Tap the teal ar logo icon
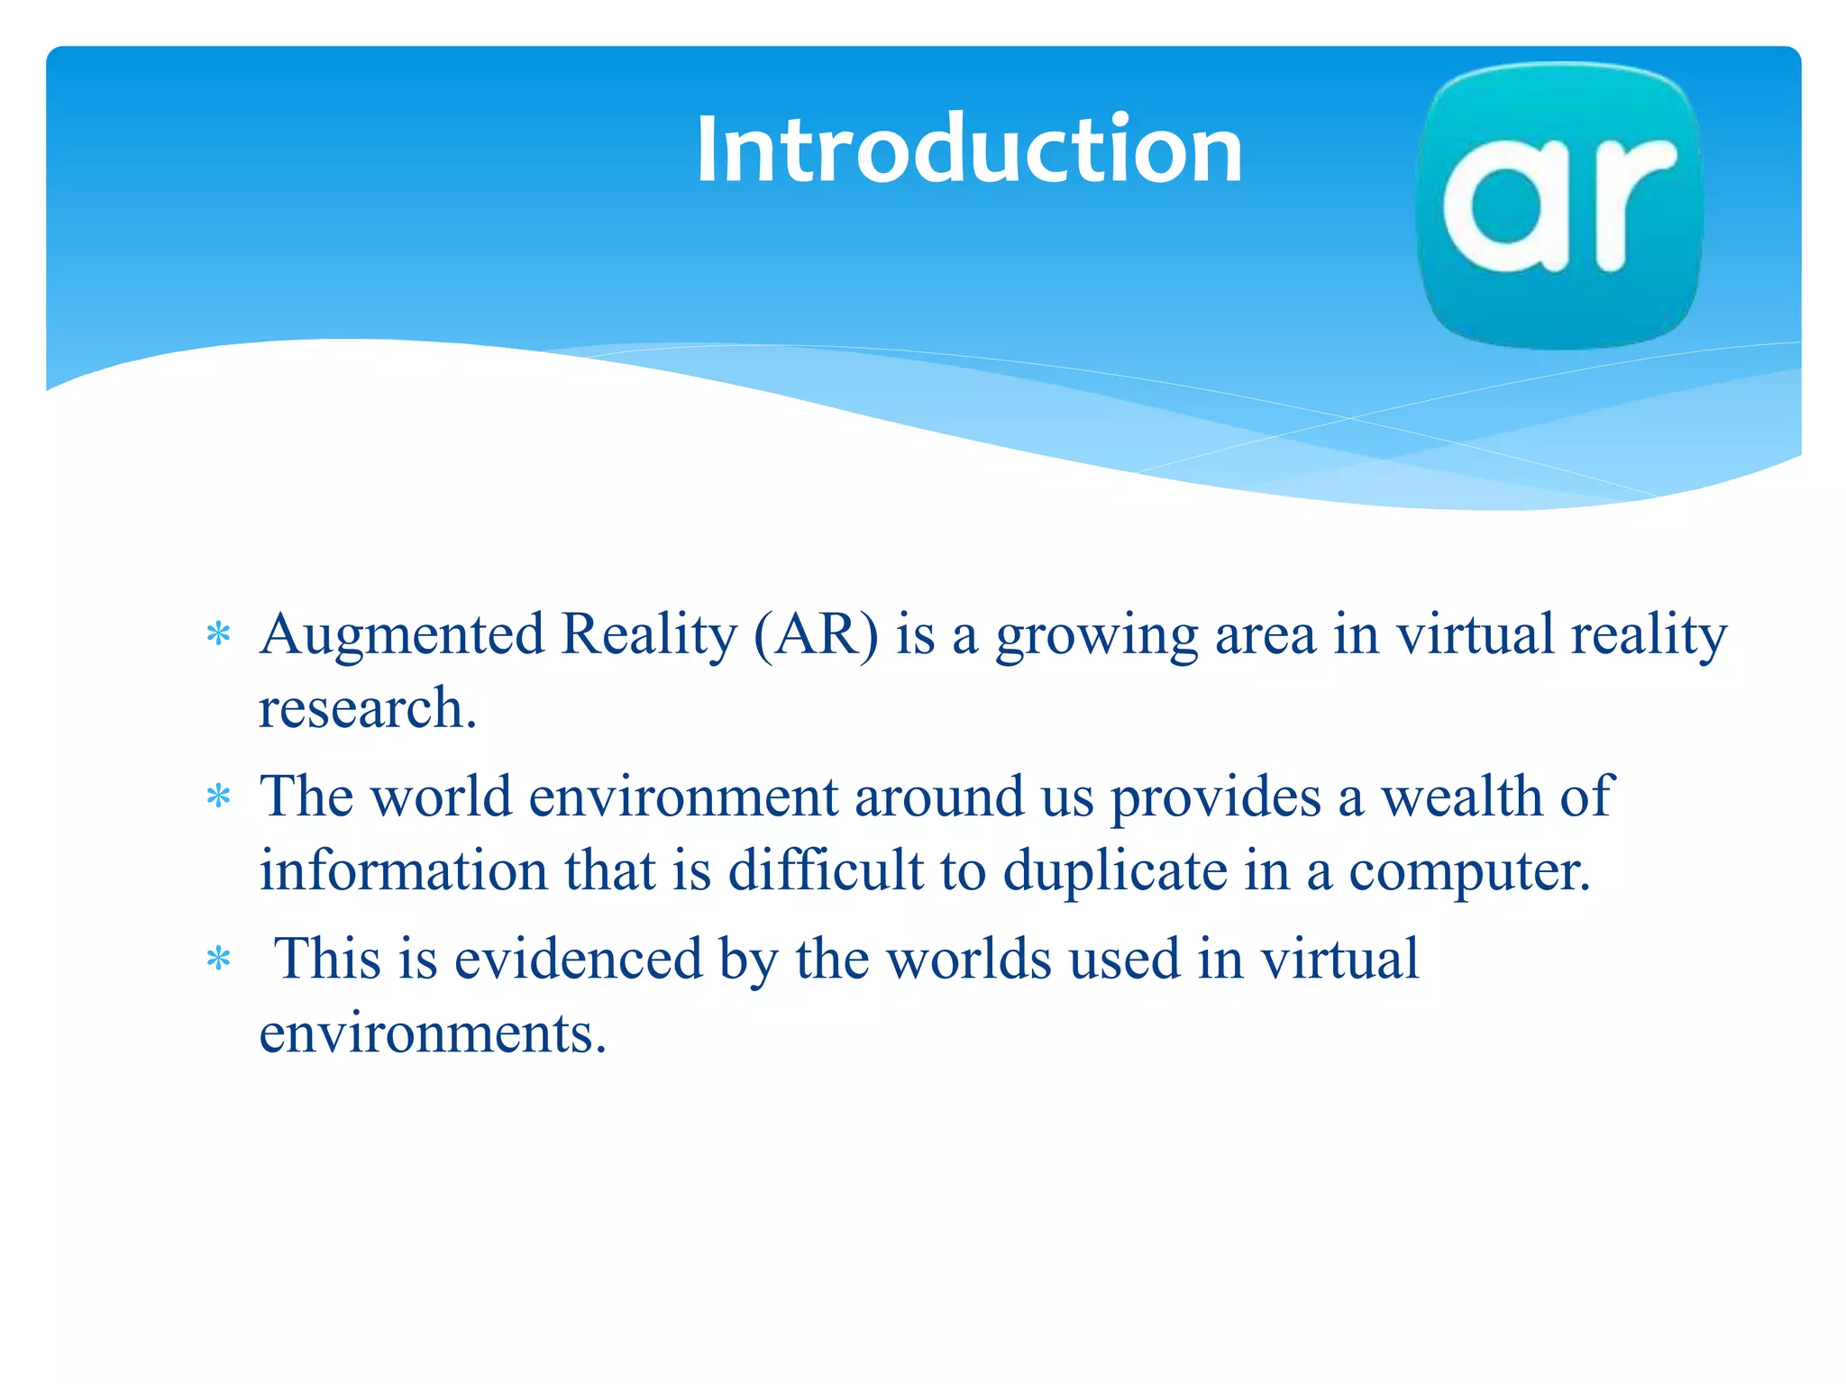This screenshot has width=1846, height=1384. pos(1559,205)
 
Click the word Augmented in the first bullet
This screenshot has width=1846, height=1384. pos(402,634)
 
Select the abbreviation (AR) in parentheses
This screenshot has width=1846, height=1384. pos(815,634)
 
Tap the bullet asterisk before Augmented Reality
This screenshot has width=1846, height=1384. pos(218,635)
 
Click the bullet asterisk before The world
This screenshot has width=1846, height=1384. pos(218,797)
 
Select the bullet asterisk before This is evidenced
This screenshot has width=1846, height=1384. pos(218,959)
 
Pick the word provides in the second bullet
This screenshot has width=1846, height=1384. pos(1215,798)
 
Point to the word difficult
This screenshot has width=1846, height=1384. pos(826,870)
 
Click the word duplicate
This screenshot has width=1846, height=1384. pos(1115,872)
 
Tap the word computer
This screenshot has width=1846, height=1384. pos(1469,872)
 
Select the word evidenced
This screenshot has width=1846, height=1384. pos(578,959)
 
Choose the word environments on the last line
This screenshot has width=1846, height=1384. pos(433,1033)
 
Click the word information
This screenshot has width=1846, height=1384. pos(403,870)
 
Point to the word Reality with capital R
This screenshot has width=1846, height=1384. pos(649,636)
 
